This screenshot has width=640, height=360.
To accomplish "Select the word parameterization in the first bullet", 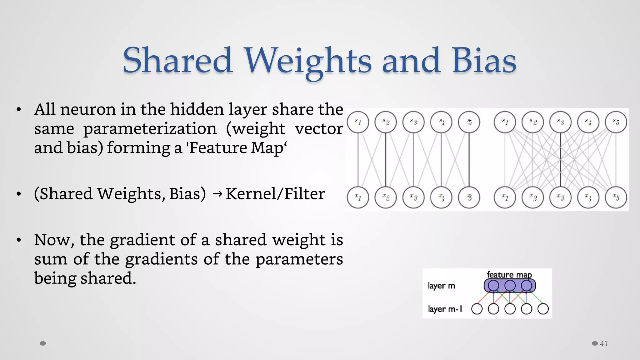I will click(150, 128).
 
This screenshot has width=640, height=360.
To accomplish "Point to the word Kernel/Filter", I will click(275, 194).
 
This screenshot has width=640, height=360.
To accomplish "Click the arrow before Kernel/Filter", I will click(217, 194).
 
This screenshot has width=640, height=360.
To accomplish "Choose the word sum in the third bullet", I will click(50, 259).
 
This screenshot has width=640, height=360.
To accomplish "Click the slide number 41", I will click(604, 343).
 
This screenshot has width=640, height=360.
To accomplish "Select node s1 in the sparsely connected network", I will click(358, 122).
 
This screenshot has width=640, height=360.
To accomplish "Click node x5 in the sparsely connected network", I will click(469, 197).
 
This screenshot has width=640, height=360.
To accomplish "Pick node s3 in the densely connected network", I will click(560, 122).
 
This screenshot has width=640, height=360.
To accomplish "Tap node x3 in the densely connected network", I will click(560, 197).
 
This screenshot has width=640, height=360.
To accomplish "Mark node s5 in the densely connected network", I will click(616, 122).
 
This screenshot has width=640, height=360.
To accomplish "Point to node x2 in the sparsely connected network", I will click(386, 197).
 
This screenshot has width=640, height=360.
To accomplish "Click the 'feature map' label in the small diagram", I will click(509, 275).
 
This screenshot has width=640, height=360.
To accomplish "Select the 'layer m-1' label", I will click(445, 309).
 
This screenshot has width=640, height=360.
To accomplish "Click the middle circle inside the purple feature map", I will click(510, 285).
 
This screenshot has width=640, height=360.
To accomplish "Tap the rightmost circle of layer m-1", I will click(543, 309).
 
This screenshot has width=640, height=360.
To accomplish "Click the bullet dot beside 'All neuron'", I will click(19, 110).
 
